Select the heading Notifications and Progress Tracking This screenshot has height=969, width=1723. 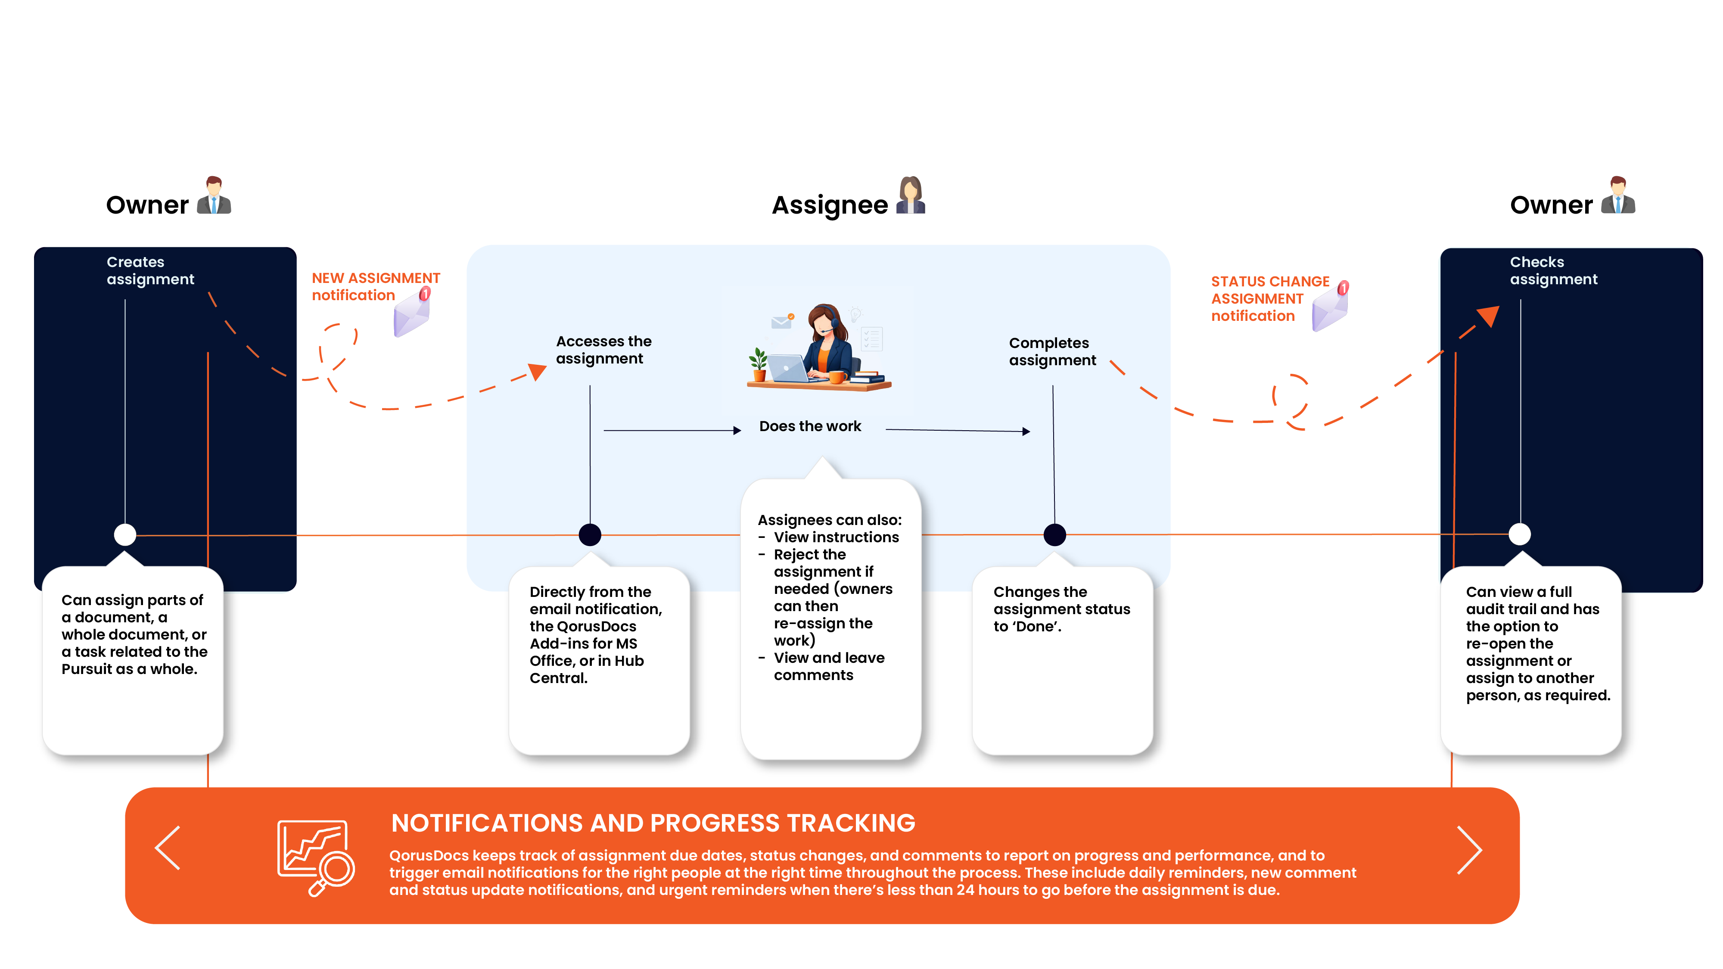point(653,823)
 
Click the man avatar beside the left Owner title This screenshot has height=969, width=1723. point(214,196)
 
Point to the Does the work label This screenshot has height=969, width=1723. point(810,426)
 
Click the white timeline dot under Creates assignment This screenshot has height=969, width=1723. point(125,534)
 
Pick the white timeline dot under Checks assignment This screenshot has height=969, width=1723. point(1520,534)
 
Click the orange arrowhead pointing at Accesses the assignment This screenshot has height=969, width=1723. point(538,371)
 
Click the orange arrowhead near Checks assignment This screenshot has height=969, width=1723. point(1489,316)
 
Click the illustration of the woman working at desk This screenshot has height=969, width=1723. point(819,347)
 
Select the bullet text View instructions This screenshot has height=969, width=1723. point(836,537)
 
